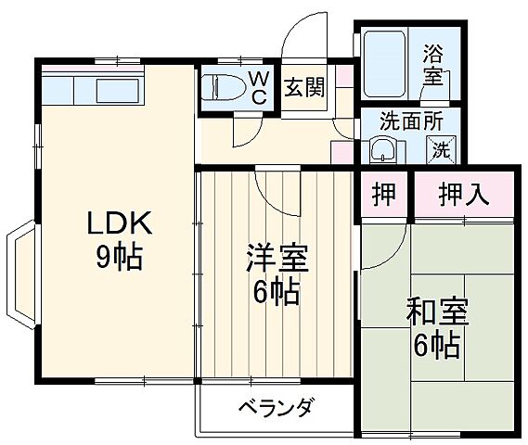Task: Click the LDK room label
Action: coord(118,224)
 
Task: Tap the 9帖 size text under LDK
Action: coord(118,258)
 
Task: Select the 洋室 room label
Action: coord(276,258)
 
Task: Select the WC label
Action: coord(257,87)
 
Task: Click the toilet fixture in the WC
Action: coord(220,87)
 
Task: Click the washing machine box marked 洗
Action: coord(439,147)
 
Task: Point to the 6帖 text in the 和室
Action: coord(436,345)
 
